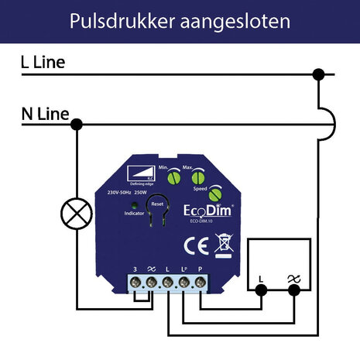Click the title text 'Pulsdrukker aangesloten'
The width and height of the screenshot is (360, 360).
[x=180, y=21]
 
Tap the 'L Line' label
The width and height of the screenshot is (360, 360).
[x=43, y=63]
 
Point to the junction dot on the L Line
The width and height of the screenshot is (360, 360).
[x=317, y=74]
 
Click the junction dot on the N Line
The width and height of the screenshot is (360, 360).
[x=76, y=124]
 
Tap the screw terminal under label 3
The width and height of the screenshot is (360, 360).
[x=136, y=284]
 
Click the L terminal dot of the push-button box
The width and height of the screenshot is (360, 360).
[x=262, y=290]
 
